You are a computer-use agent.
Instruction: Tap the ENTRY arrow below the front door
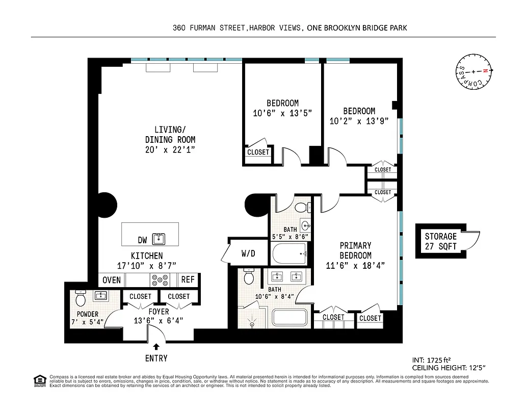click(156, 347)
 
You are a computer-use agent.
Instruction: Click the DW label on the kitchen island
click(143, 240)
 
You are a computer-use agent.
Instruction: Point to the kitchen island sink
click(160, 238)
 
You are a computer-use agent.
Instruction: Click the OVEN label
click(112, 280)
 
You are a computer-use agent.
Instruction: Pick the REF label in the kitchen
click(188, 280)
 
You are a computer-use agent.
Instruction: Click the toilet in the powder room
click(80, 296)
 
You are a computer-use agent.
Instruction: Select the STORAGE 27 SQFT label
click(440, 241)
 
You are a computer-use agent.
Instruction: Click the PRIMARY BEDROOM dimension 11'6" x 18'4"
click(355, 265)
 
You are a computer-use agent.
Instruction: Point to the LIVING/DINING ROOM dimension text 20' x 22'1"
click(170, 149)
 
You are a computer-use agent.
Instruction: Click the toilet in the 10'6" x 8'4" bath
click(249, 277)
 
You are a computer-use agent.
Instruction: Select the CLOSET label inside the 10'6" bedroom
click(258, 152)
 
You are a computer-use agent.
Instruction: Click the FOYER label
click(159, 312)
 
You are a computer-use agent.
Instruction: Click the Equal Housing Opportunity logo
click(38, 380)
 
